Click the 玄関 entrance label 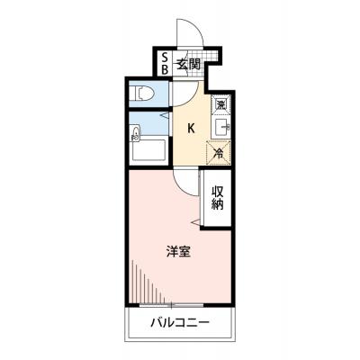[x=188, y=64]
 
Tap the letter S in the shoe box [x=165, y=57]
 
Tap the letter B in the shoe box [x=165, y=69]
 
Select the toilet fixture [x=142, y=94]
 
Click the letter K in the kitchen [x=191, y=129]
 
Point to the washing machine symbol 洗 [x=221, y=104]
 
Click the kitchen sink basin [x=222, y=127]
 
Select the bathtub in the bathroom [x=149, y=150]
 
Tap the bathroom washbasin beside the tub [x=136, y=133]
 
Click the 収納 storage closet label [x=218, y=198]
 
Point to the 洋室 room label [x=179, y=251]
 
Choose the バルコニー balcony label [x=180, y=323]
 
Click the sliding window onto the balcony [x=172, y=305]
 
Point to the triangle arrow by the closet [x=196, y=222]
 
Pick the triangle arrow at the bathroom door [x=165, y=115]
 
